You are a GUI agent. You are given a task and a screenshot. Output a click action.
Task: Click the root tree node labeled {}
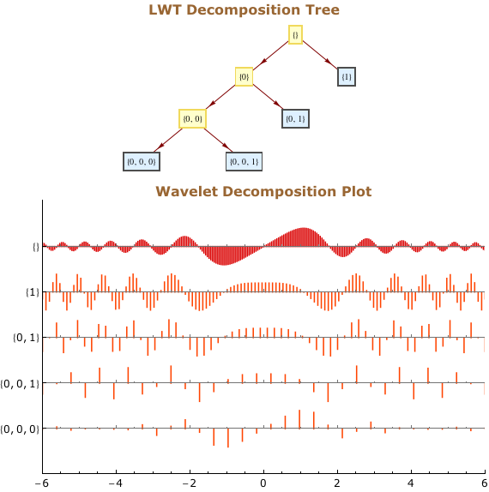pyautogui.click(x=295, y=34)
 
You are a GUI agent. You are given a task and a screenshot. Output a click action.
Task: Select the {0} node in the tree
pyautogui.click(x=244, y=76)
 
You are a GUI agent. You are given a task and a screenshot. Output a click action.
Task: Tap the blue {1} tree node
pyautogui.click(x=347, y=76)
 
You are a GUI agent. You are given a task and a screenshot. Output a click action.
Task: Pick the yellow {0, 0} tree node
pyautogui.click(x=192, y=118)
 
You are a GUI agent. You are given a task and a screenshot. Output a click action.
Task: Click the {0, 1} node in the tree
pyautogui.click(x=295, y=118)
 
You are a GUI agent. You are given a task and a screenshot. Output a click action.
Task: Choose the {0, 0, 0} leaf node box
pyautogui.click(x=142, y=162)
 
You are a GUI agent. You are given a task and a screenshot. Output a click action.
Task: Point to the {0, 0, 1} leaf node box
pyautogui.click(x=244, y=162)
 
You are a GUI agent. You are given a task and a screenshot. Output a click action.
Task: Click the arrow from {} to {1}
pyautogui.click(x=320, y=55)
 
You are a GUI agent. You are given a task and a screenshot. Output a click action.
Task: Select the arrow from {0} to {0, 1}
pyautogui.click(x=268, y=96)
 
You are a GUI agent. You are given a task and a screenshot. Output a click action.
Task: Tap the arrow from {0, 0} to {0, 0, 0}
pyautogui.click(x=168, y=141)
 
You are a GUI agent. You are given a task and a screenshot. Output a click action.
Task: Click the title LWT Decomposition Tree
pyautogui.click(x=244, y=9)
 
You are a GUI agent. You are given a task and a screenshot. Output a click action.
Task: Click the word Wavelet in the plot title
pyautogui.click(x=186, y=191)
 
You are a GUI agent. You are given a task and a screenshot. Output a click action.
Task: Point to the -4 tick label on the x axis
pyautogui.click(x=116, y=483)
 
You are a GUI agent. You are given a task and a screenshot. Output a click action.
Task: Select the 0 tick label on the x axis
pyautogui.click(x=263, y=483)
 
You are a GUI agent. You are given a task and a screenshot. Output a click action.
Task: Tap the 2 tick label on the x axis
pyautogui.click(x=337, y=483)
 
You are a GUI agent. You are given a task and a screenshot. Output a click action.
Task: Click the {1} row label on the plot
pyautogui.click(x=33, y=292)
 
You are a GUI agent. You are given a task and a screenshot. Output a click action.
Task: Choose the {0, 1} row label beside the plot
pyautogui.click(x=26, y=338)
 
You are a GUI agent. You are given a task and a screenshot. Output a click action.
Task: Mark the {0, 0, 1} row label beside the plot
pyautogui.click(x=20, y=384)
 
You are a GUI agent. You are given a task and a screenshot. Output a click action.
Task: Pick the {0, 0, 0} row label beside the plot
pyautogui.click(x=20, y=429)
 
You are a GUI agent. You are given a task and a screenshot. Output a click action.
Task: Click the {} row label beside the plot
pyautogui.click(x=36, y=247)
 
